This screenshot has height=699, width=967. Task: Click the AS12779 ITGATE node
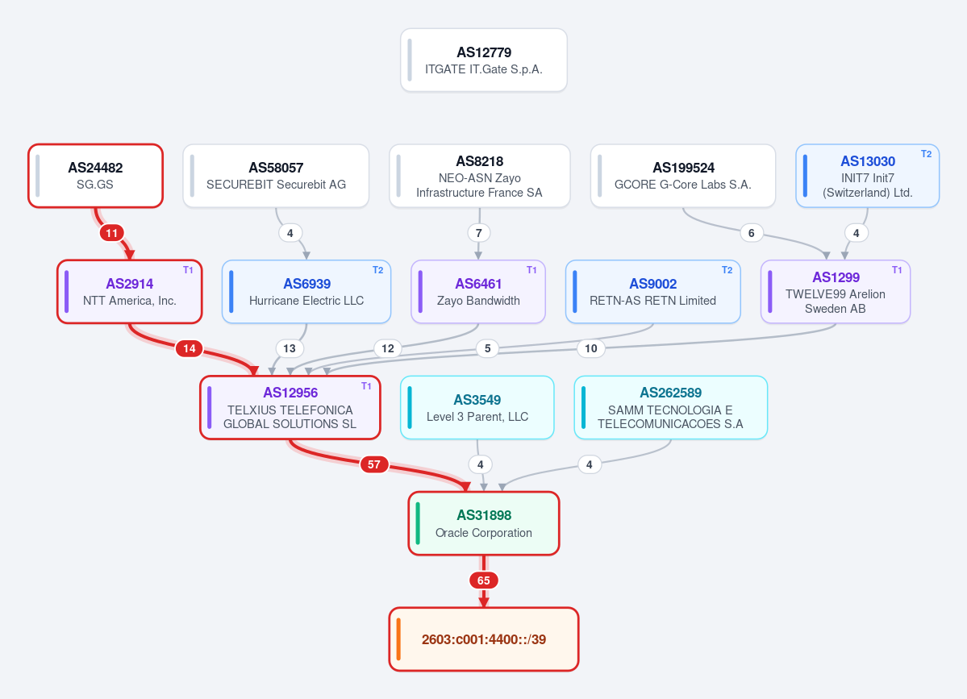(484, 60)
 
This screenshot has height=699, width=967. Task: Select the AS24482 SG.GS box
(96, 176)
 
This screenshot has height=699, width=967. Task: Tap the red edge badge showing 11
(111, 233)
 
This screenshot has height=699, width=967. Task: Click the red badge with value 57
(374, 464)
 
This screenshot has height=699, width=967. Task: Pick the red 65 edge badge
(484, 580)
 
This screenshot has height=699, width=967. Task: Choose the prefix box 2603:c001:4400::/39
(484, 639)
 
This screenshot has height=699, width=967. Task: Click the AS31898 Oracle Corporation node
(484, 523)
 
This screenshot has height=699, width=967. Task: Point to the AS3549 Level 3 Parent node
(477, 407)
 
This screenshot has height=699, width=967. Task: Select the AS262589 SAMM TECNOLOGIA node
(670, 407)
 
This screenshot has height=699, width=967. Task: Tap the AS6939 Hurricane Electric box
(306, 292)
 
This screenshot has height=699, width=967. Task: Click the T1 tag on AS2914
(188, 270)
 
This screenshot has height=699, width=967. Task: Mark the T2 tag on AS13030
(927, 154)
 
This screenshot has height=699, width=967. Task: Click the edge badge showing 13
(290, 348)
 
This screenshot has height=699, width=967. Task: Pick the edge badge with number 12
(388, 348)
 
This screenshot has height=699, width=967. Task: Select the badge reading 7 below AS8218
(479, 233)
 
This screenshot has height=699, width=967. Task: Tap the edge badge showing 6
(751, 233)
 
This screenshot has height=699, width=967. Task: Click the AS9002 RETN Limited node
(653, 292)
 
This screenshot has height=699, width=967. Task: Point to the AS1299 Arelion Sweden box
(836, 292)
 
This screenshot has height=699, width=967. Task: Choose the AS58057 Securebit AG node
(276, 176)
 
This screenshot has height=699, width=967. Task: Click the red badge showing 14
(190, 348)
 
